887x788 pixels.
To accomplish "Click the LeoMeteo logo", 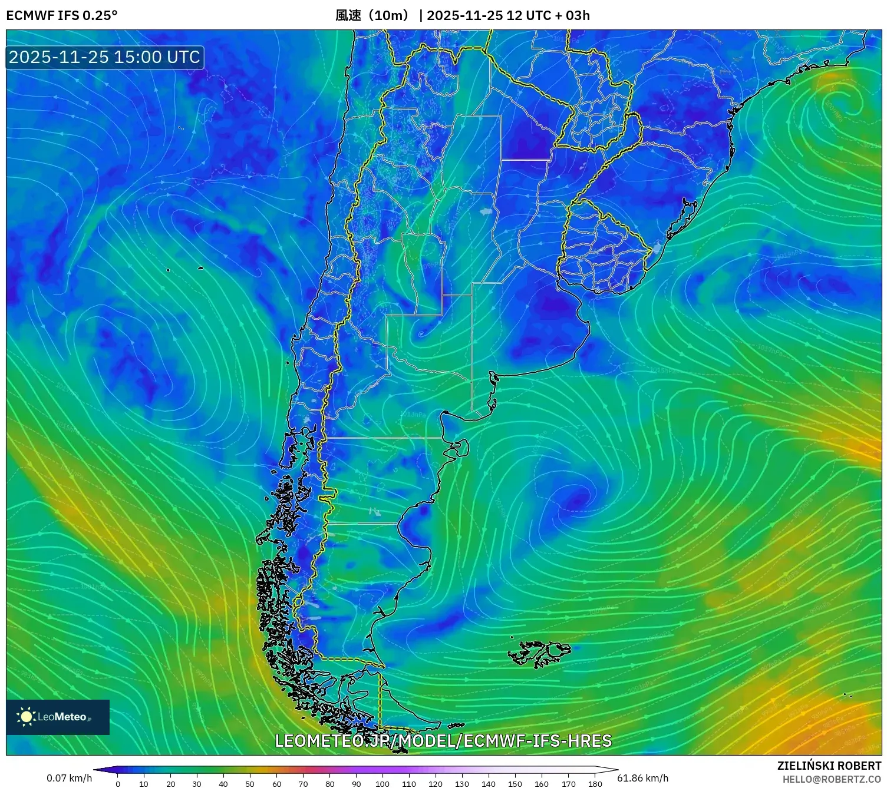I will (x=58, y=717).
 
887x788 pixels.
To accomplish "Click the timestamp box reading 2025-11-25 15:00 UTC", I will (x=105, y=57).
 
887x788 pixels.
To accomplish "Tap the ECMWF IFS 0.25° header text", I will (x=62, y=15).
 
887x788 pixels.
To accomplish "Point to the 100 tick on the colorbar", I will (x=383, y=784).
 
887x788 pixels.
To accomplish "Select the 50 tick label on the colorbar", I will (x=250, y=784).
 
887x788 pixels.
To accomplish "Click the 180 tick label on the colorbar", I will (x=595, y=784).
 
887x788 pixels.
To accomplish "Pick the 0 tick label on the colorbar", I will (x=118, y=784).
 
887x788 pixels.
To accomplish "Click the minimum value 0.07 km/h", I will (x=70, y=778).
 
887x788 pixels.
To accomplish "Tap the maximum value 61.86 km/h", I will (x=642, y=778).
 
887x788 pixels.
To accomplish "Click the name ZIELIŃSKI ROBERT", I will (x=829, y=766).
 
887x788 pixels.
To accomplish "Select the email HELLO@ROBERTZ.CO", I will (x=832, y=779).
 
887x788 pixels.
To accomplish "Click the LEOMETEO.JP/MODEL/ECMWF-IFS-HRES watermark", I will (x=443, y=740).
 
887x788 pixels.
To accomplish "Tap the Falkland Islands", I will (x=539, y=653).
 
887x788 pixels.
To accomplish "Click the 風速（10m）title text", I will (x=372, y=15).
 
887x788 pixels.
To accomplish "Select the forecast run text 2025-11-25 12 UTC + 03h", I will (x=508, y=15).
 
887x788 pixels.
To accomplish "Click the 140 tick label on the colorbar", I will (x=489, y=784).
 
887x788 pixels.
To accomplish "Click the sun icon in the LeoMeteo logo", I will (x=27, y=716).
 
